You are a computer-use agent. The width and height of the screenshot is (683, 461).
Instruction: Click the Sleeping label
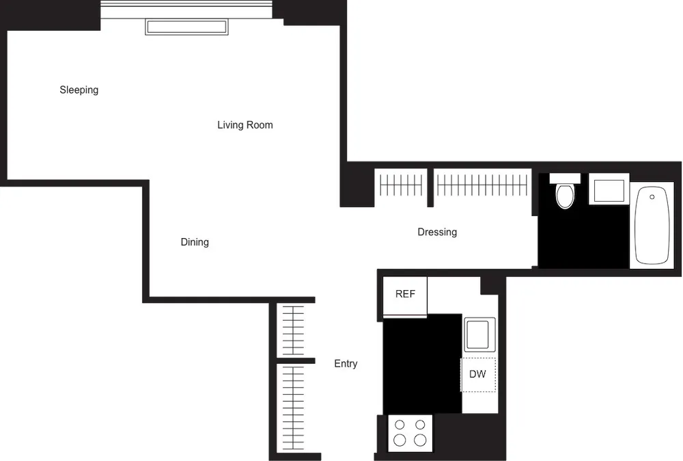click(79, 90)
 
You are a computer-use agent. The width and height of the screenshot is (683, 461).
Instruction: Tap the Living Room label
click(245, 125)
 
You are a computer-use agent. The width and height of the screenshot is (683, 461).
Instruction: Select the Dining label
click(195, 242)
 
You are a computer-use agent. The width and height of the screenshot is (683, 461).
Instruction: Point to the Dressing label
click(437, 233)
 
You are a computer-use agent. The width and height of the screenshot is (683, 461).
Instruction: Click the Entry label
click(346, 364)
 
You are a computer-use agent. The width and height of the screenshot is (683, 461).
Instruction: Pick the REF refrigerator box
click(405, 295)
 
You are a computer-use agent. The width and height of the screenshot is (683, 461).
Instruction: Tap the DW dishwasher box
click(478, 375)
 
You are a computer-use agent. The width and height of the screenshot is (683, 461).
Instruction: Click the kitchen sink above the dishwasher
click(479, 335)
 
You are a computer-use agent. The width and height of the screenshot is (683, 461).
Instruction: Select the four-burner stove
click(410, 432)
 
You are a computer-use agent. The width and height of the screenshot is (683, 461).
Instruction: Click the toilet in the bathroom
click(566, 194)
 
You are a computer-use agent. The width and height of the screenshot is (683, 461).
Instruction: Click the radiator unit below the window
click(186, 27)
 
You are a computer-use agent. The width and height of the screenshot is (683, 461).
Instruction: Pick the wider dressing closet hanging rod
click(482, 185)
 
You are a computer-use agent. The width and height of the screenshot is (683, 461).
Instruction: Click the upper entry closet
click(293, 330)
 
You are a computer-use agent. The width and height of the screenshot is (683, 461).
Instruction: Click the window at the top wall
click(186, 9)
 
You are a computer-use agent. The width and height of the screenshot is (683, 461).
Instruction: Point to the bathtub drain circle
click(652, 197)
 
